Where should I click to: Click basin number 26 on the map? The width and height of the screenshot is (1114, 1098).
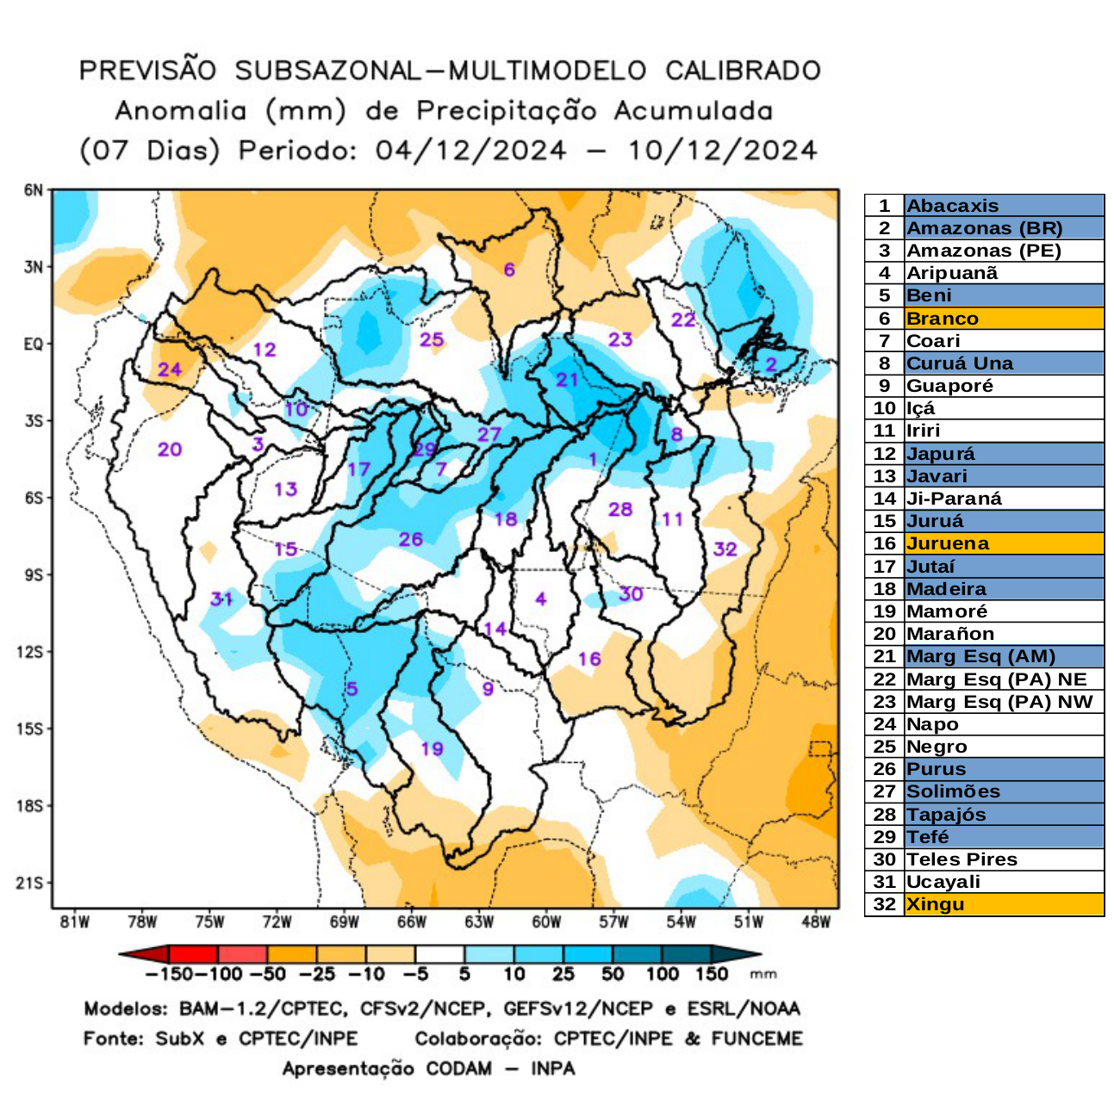[410, 539]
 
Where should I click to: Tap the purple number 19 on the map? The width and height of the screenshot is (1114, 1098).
[432, 748]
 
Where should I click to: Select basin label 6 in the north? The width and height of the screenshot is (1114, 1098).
[509, 270]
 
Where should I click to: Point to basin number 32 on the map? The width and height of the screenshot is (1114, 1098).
[725, 549]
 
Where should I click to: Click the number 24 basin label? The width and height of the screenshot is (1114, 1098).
[170, 369]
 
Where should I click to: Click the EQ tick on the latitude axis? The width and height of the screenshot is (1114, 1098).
[33, 344]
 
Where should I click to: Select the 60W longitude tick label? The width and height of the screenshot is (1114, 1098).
[546, 922]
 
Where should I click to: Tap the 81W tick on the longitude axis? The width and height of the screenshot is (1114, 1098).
[75, 922]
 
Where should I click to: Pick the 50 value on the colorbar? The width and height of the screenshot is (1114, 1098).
[613, 975]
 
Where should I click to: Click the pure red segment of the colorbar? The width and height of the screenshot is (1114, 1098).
[194, 954]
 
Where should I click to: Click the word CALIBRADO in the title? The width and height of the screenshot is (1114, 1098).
[742, 71]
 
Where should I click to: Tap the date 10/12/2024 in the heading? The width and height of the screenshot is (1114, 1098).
[721, 151]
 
